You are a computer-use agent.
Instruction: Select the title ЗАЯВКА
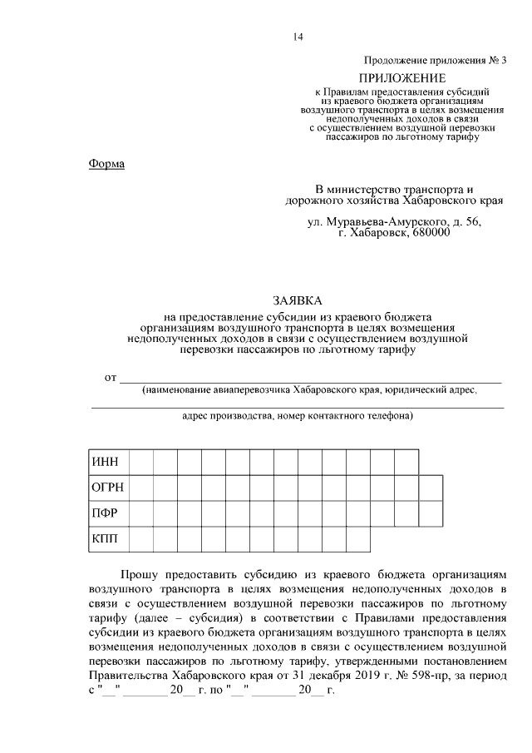297,300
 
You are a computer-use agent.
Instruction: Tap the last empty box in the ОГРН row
431,487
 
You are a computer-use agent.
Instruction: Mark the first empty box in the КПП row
142,538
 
